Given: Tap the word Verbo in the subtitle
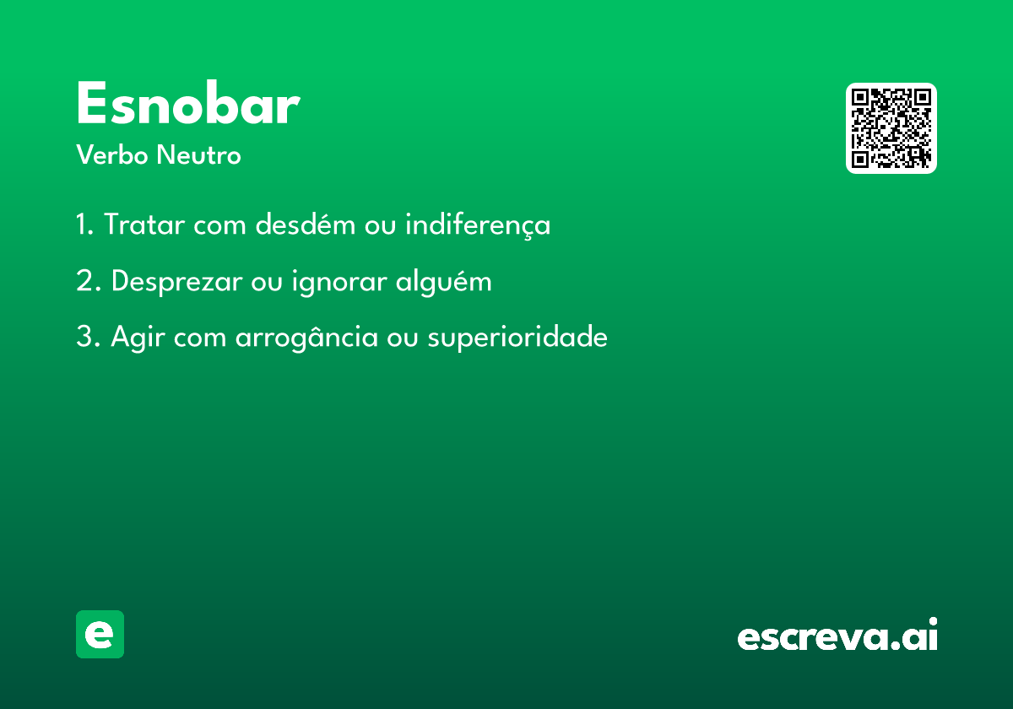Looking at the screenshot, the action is pos(112,154).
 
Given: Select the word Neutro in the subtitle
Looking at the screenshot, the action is pos(198,154).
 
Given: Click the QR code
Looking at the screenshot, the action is pos(891,128).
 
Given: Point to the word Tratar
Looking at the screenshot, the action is pos(144,224).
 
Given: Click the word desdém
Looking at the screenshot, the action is pos(306,224).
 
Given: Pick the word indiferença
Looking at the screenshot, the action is pos(478,225).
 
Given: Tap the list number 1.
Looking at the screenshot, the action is pos(84,224).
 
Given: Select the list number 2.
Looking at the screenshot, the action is pos(88,280).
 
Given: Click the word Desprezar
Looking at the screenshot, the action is pos(176,282).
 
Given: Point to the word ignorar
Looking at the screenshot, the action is pos(339,282).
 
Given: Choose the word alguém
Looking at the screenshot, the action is pos(444,281).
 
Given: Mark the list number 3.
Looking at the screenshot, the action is pos(88,337).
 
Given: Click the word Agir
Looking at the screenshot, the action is pos(138,338).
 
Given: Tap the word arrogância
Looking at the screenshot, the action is pos(306,338).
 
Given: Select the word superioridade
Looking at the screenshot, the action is pos(517,338).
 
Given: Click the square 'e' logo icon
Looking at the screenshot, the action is pos(100,634).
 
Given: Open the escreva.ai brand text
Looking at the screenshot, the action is pos(837,634).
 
